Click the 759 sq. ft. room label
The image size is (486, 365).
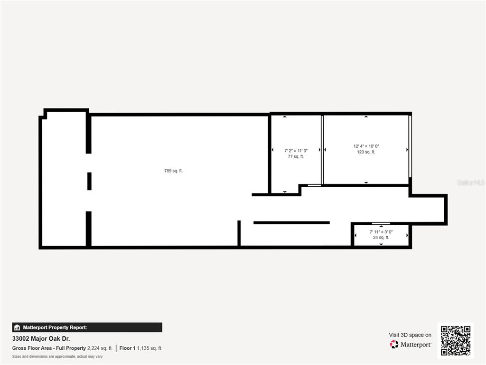tap(174, 171)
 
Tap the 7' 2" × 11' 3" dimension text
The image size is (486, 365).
tap(296, 151)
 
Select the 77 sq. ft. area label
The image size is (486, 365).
tap(296, 157)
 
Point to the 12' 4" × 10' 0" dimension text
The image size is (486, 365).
tap(366, 146)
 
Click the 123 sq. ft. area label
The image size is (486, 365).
tap(366, 152)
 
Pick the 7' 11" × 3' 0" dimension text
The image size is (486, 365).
tap(381, 232)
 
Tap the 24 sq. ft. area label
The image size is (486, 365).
tap(381, 238)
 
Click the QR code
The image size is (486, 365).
tap(456, 340)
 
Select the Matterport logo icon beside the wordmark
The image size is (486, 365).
tap(394, 344)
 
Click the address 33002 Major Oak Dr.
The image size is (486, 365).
tap(41, 338)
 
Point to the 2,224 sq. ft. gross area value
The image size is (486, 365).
tap(100, 348)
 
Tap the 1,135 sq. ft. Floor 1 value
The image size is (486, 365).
tap(150, 348)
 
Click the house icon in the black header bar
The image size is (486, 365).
tap(17, 327)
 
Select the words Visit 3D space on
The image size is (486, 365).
tap(410, 335)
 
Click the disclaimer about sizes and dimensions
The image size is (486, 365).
tap(57, 356)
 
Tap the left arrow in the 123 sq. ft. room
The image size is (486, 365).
tap(325, 150)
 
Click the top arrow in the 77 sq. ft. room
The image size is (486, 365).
tap(285, 117)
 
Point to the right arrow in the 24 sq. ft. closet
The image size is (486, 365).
tap(407, 235)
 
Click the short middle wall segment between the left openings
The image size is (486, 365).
tap(89, 181)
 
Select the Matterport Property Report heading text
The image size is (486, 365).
tap(55, 327)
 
